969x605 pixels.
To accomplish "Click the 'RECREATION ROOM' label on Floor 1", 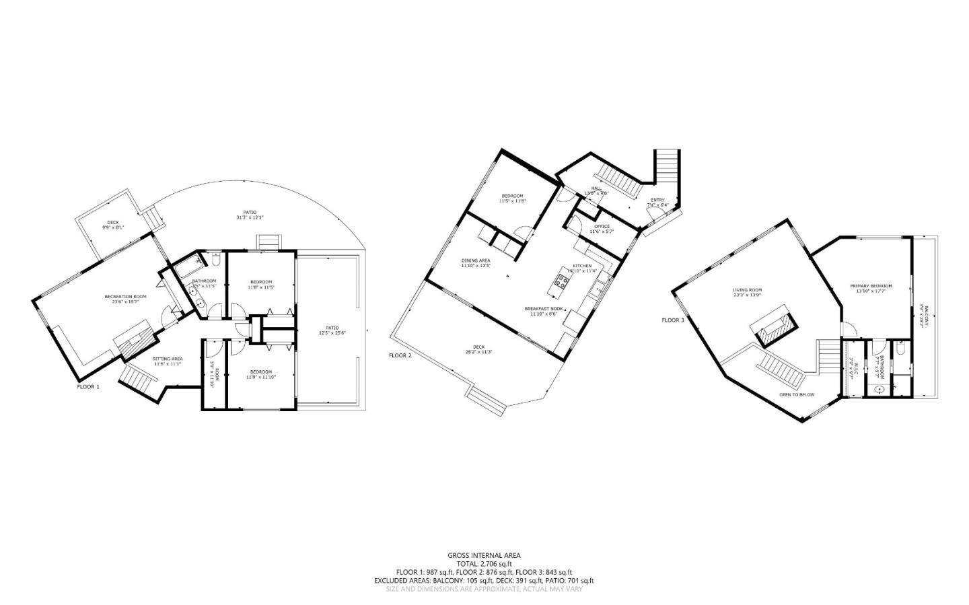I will click(x=125, y=296).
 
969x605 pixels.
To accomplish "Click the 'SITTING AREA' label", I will click(x=168, y=359).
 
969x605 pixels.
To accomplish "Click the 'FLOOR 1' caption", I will click(x=88, y=387).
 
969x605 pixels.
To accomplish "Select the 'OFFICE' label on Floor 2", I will click(x=602, y=226).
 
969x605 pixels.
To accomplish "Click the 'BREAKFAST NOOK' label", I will click(x=544, y=308).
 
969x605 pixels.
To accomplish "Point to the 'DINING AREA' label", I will click(x=475, y=260).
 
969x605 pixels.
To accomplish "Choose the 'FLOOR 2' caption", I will click(x=400, y=355).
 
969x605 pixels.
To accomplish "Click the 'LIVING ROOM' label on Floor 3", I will click(x=747, y=290).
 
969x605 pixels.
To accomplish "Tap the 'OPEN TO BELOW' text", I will click(x=797, y=394).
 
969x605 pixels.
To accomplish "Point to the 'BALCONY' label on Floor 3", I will click(x=926, y=316).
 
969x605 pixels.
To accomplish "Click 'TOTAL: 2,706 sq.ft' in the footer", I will click(x=484, y=563).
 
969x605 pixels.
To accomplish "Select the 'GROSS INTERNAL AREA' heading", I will click(x=484, y=555).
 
